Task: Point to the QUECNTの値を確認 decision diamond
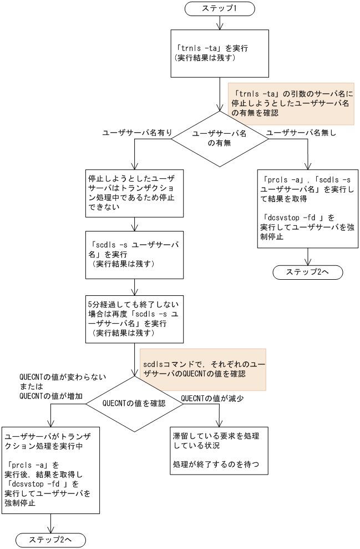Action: tap(134, 403)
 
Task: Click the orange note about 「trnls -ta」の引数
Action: tap(291, 104)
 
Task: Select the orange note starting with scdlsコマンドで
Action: tap(202, 369)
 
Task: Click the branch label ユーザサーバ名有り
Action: tap(136, 133)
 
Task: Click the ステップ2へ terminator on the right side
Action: tap(307, 272)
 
